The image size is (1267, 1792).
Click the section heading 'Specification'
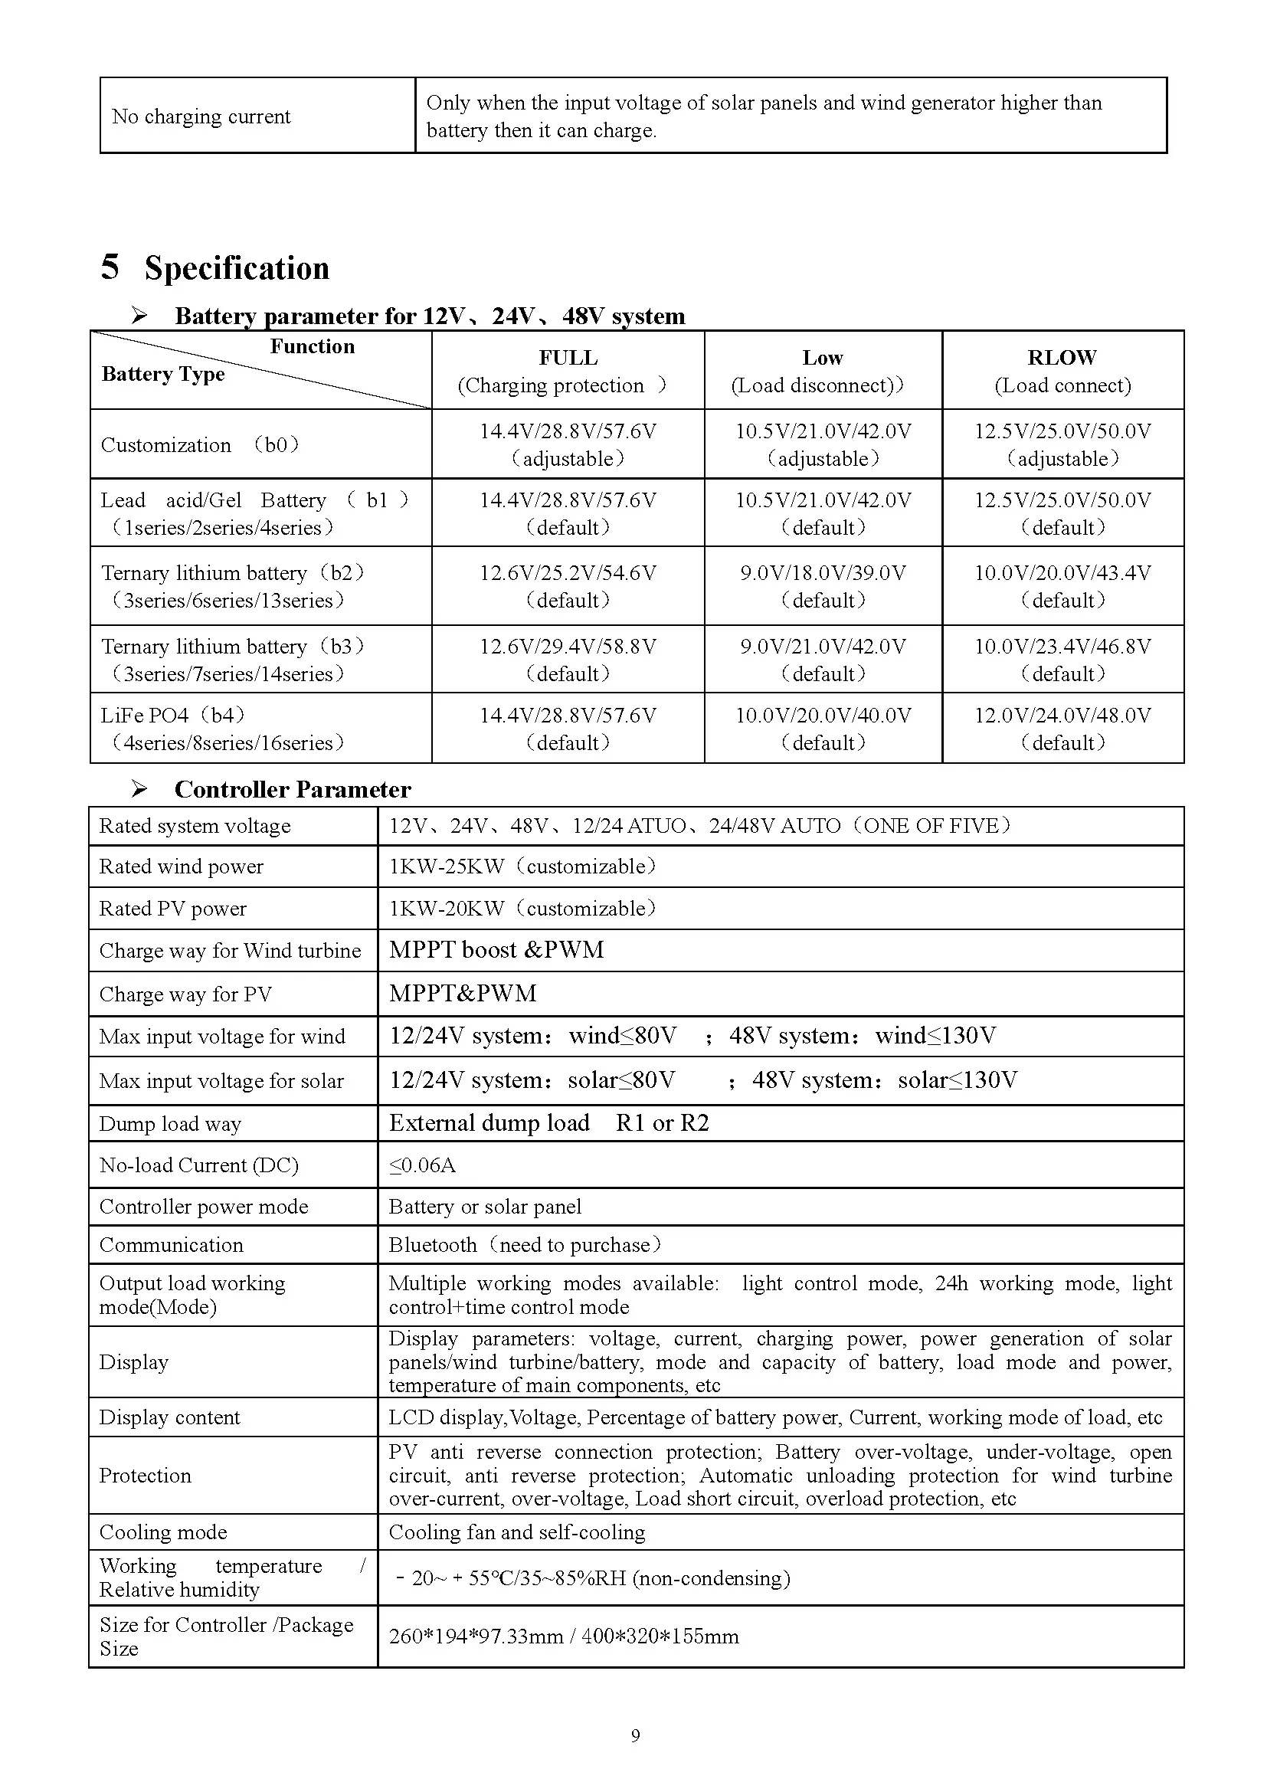pyautogui.click(x=236, y=268)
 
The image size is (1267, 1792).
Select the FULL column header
pyautogui.click(x=567, y=370)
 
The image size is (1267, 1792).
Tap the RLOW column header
pyautogui.click(x=1062, y=370)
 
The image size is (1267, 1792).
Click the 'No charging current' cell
pyautogui.click(x=201, y=117)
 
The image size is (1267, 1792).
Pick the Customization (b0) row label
pyautogui.click(x=200, y=445)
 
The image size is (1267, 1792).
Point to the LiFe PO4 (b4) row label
pyautogui.click(x=221, y=728)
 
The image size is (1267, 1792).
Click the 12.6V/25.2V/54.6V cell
pyautogui.click(x=567, y=585)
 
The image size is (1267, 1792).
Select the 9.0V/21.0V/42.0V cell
pyautogui.click(x=823, y=659)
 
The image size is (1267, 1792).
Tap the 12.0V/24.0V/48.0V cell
pyautogui.click(x=1062, y=728)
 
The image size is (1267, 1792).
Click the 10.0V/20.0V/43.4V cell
pyautogui.click(x=1062, y=585)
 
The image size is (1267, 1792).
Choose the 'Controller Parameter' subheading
pyautogui.click(x=293, y=790)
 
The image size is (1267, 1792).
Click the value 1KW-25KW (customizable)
pyautogui.click(x=522, y=867)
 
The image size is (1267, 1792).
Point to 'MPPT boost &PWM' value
pyautogui.click(x=496, y=950)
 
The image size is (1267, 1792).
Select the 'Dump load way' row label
pyautogui.click(x=170, y=1124)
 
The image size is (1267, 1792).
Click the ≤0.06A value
pyautogui.click(x=422, y=1165)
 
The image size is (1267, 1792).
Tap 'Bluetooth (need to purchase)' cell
pyautogui.click(x=524, y=1245)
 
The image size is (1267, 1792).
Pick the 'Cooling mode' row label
pyautogui.click(x=163, y=1532)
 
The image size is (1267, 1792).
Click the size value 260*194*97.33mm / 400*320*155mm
pyautogui.click(x=563, y=1636)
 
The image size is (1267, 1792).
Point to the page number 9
pyautogui.click(x=635, y=1736)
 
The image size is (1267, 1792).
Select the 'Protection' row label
pyautogui.click(x=145, y=1475)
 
